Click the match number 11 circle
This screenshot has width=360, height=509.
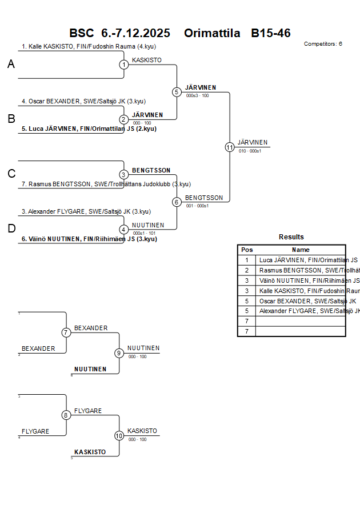(230, 147)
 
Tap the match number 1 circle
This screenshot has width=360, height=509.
(124, 65)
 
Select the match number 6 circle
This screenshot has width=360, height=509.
(177, 202)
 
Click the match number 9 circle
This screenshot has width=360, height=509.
(119, 353)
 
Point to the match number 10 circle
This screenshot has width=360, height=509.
(119, 436)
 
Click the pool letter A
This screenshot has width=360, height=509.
(11, 65)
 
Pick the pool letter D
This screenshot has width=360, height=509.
(11, 229)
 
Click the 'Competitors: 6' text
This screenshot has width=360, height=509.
(323, 44)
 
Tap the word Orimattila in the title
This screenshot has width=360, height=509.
(212, 33)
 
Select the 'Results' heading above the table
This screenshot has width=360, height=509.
(291, 237)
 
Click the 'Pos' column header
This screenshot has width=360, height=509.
(247, 250)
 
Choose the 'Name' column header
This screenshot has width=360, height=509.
(301, 250)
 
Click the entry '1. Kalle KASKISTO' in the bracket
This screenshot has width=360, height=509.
(89, 47)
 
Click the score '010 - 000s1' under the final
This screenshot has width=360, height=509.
(250, 151)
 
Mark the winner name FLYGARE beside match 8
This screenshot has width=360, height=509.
(88, 411)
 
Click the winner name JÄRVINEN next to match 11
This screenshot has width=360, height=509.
(253, 142)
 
